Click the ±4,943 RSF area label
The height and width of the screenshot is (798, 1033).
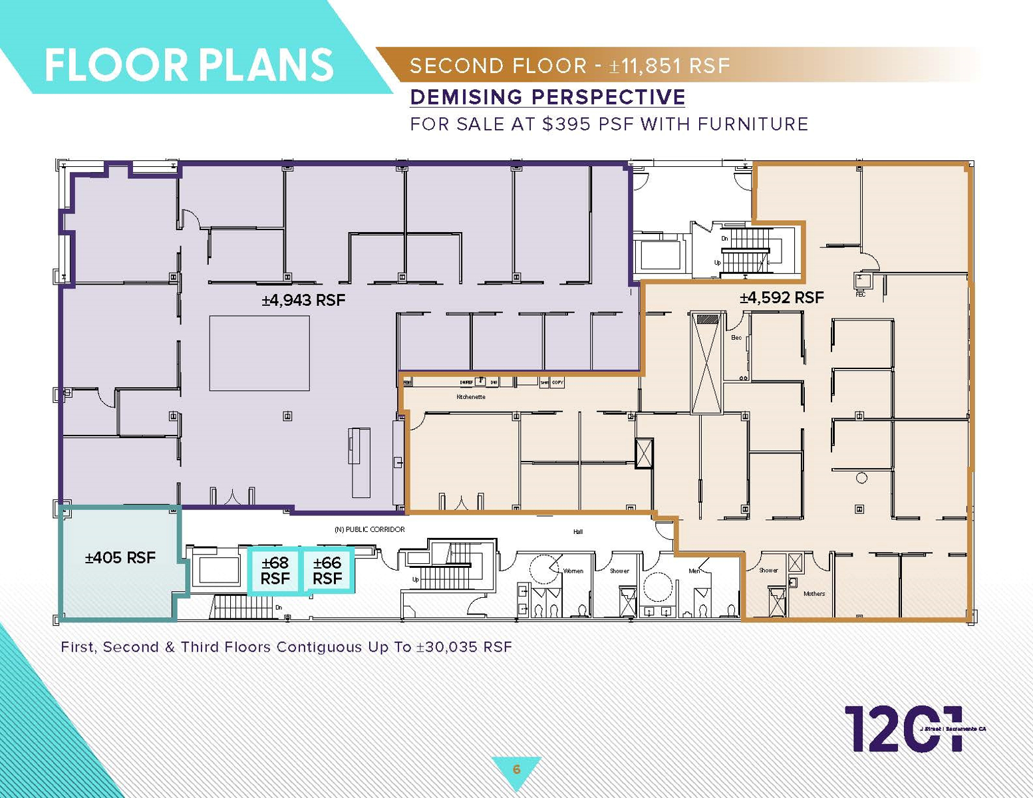tap(303, 301)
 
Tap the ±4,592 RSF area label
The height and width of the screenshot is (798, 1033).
tap(782, 298)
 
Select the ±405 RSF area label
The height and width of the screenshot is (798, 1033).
tap(120, 557)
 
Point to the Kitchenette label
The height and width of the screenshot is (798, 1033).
tap(470, 397)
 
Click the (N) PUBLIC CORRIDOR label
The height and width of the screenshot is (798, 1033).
tap(369, 529)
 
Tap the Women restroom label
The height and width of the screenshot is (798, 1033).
tap(573, 571)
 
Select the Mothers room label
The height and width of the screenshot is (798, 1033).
tap(814, 594)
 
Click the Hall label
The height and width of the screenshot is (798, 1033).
tap(577, 531)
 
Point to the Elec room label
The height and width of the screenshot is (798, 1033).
tap(736, 338)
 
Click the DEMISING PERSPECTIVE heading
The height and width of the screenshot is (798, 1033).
tap(547, 97)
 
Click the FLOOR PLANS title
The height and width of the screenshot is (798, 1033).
tap(189, 65)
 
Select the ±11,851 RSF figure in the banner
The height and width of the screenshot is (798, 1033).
tap(670, 66)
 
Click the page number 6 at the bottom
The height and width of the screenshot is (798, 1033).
tap(516, 769)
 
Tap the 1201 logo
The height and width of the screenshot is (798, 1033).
tap(903, 729)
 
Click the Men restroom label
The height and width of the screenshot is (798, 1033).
tap(694, 571)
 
